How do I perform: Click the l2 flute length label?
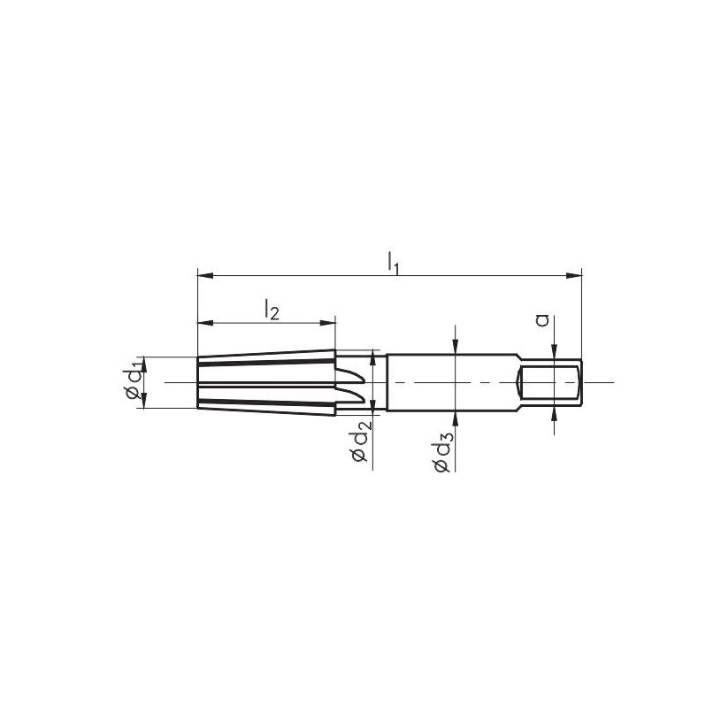pos(272,310)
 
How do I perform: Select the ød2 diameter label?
pos(359,442)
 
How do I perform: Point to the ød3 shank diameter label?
pos(443,452)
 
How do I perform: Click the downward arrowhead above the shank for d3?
pos(454,348)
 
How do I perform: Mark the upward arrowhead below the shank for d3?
pos(454,418)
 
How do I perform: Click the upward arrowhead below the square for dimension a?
pos(554,410)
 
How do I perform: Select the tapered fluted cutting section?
pos(265,382)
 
